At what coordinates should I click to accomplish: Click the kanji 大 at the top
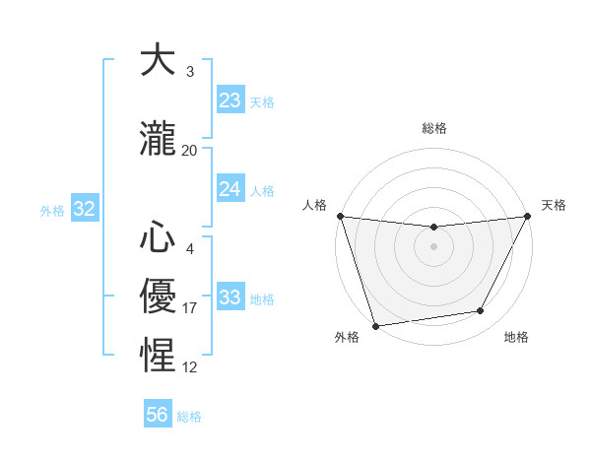[159, 61]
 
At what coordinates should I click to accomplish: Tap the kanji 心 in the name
[159, 237]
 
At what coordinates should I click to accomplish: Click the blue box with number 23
[230, 100]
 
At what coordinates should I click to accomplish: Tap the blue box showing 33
[230, 298]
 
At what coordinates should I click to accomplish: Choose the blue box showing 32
[84, 209]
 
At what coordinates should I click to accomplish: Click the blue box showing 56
[158, 415]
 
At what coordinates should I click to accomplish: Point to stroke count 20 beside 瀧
[190, 150]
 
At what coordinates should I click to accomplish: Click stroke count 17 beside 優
[190, 308]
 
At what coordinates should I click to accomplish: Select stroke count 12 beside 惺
[190, 367]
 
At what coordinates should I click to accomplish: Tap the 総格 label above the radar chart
[434, 128]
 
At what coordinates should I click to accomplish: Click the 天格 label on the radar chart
[554, 205]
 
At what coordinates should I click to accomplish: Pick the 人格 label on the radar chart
[314, 205]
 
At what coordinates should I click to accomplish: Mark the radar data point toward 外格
[375, 325]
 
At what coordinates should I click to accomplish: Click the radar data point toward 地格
[481, 311]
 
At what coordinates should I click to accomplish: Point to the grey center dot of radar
[433, 245]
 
